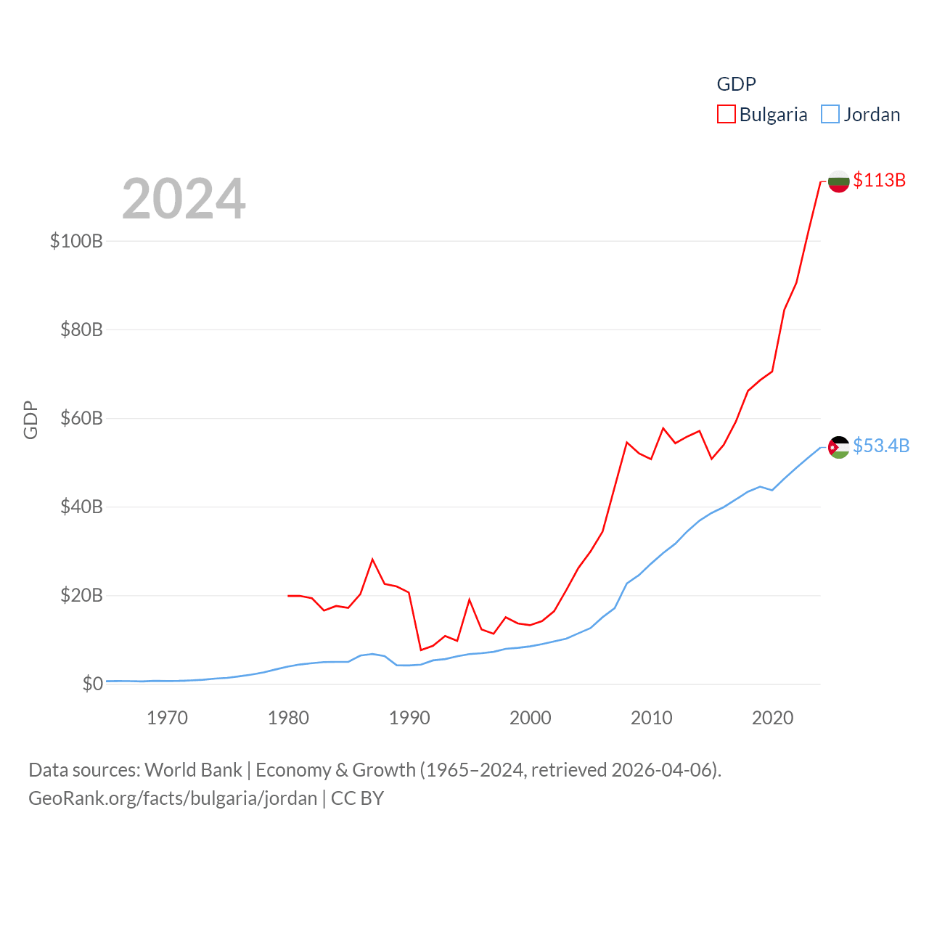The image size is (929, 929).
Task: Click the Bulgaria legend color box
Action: [x=727, y=115]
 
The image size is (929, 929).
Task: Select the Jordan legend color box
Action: [x=830, y=115]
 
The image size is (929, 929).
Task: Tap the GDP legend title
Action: [x=736, y=84]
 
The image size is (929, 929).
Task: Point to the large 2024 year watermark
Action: [x=184, y=199]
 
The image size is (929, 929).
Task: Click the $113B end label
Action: [x=879, y=180]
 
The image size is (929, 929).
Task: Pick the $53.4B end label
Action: [x=880, y=446]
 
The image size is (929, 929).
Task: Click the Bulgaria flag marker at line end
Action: [x=838, y=181]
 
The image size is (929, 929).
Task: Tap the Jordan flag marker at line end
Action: [x=838, y=447]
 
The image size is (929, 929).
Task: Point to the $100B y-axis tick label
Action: [x=76, y=241]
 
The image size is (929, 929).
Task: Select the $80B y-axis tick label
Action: [x=81, y=330]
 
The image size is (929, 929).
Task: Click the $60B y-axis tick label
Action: [x=81, y=419]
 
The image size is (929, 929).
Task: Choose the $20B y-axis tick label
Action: [x=81, y=596]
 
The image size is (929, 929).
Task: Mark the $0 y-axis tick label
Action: [x=93, y=684]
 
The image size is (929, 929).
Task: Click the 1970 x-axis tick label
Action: [x=167, y=718]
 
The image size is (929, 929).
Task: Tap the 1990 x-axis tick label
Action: [x=409, y=718]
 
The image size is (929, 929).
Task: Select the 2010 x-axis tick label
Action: [x=651, y=718]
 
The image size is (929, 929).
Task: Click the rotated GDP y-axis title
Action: [x=30, y=420]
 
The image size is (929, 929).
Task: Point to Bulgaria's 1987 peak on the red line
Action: [x=372, y=560]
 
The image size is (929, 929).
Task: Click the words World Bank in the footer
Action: [x=193, y=769]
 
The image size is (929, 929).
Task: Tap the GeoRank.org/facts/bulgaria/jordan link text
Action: [x=173, y=798]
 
